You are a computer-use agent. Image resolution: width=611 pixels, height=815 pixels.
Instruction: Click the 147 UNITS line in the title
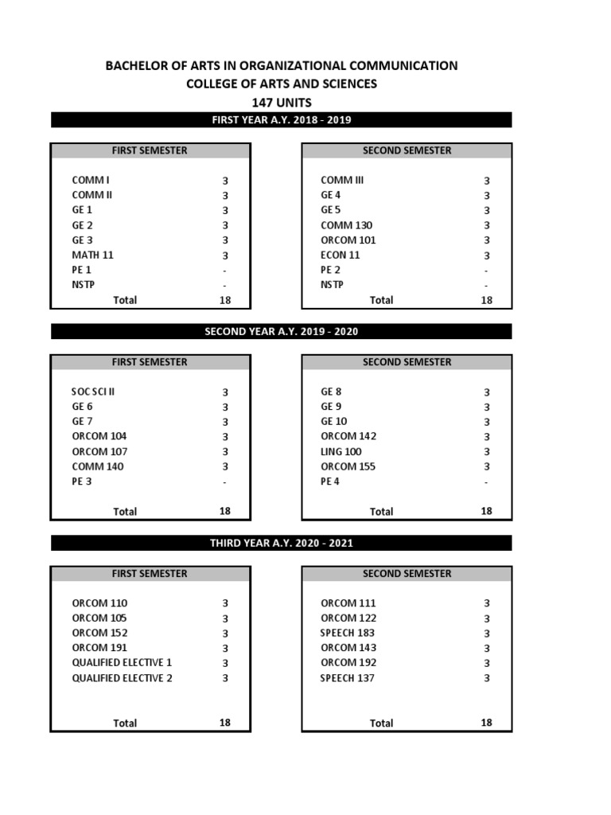282,103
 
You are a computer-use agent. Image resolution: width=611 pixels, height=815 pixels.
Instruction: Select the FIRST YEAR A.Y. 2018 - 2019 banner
282,120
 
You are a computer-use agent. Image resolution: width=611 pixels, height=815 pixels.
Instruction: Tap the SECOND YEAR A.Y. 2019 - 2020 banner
282,332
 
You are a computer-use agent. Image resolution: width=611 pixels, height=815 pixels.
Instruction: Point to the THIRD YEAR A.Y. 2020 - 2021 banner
282,544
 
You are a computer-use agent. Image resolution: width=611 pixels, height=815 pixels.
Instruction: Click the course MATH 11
92,255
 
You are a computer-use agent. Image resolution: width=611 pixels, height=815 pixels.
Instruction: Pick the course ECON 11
341,255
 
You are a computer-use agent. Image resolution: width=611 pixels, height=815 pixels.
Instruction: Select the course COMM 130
347,225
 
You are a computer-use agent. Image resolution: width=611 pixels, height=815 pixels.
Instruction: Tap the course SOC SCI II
99,392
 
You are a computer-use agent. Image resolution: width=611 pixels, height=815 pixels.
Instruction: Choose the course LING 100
341,452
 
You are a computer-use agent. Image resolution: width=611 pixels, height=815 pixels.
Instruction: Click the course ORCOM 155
348,467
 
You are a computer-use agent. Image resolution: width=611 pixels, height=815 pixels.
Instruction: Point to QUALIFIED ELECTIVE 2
122,678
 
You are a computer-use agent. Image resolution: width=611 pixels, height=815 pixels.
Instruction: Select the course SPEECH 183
348,633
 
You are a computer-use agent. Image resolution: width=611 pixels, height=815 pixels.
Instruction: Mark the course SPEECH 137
348,678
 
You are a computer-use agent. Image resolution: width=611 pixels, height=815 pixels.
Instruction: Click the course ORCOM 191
99,648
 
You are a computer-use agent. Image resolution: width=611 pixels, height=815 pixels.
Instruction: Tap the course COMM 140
98,467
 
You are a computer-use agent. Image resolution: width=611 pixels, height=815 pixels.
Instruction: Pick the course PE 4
330,482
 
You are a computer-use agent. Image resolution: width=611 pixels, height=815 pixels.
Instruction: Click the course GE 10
334,422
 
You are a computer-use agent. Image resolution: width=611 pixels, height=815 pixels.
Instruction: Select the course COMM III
342,180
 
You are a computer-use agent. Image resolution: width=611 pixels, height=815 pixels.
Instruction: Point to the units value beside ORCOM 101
487,240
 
